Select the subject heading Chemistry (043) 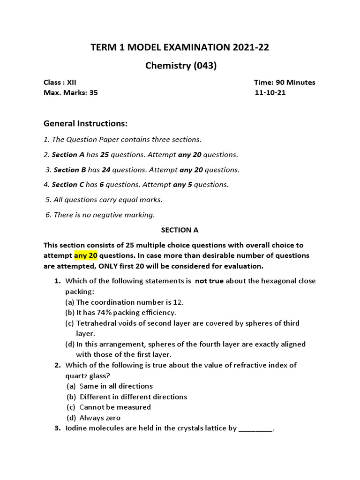click(180, 66)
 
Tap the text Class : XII click(60, 82)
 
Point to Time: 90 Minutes click(285, 82)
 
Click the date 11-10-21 click(270, 93)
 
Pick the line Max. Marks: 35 click(71, 93)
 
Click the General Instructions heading click(85, 123)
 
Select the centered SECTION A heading click(180, 230)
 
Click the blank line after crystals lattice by click(255, 428)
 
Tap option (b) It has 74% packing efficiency click(120, 312)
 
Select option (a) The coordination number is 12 click(124, 302)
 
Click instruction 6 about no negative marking click(100, 215)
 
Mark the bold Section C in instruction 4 click(65, 185)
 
